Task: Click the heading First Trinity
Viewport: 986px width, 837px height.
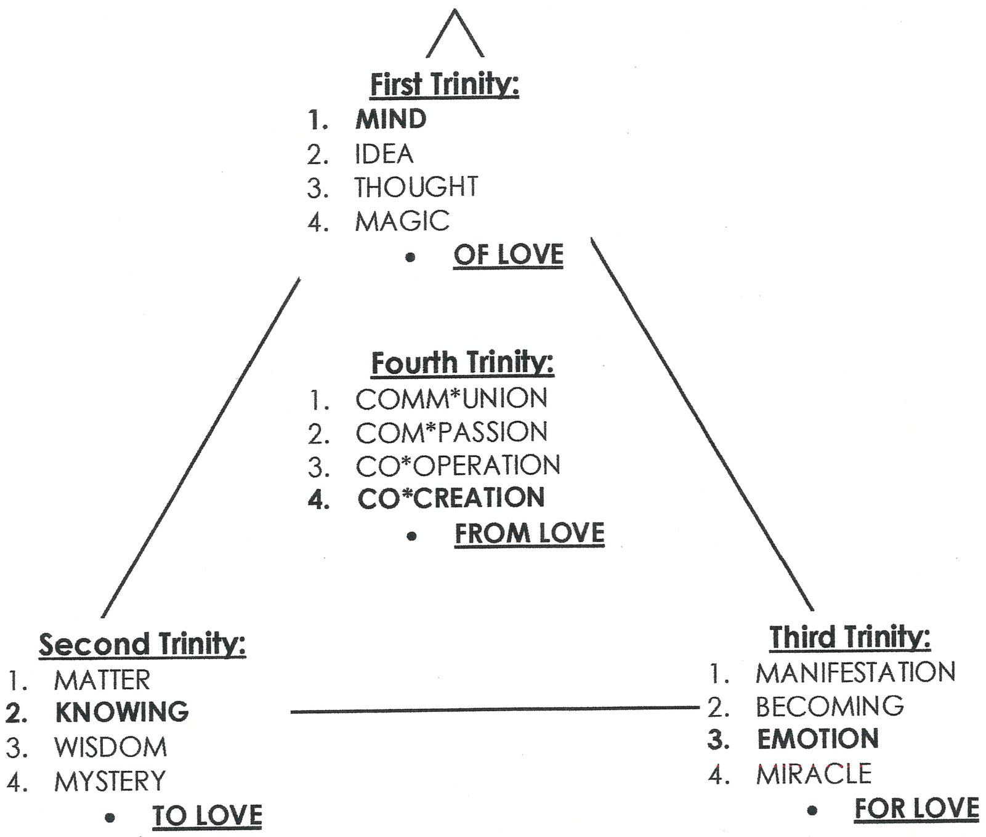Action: pyautogui.click(x=444, y=84)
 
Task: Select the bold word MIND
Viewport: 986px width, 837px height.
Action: pyautogui.click(x=390, y=119)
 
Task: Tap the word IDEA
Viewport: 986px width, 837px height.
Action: pyautogui.click(x=383, y=154)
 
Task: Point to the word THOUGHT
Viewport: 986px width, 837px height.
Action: pyautogui.click(x=416, y=187)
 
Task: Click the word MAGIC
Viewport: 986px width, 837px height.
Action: pyautogui.click(x=402, y=221)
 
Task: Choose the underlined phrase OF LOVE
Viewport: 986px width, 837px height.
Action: pyautogui.click(x=508, y=255)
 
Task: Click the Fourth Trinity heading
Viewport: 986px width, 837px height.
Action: pyautogui.click(x=463, y=363)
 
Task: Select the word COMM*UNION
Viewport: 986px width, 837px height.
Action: pyautogui.click(x=451, y=399)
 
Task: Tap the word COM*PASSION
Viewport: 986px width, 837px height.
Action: pyautogui.click(x=451, y=433)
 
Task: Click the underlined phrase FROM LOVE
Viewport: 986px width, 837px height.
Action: pyautogui.click(x=530, y=533)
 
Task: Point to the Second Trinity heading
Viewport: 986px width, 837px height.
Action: pyautogui.click(x=142, y=645)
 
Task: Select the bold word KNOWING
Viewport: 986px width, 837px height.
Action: pyautogui.click(x=122, y=712)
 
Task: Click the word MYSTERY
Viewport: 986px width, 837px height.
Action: pyautogui.click(x=110, y=782)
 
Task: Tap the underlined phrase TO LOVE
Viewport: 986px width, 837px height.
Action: pyautogui.click(x=207, y=815)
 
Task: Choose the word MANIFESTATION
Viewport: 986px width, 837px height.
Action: pyautogui.click(x=855, y=673)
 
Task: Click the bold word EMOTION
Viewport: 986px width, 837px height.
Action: pyautogui.click(x=818, y=739)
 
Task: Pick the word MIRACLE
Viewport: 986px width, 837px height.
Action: pyautogui.click(x=814, y=774)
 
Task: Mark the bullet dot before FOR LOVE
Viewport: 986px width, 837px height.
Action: pyautogui.click(x=812, y=811)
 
